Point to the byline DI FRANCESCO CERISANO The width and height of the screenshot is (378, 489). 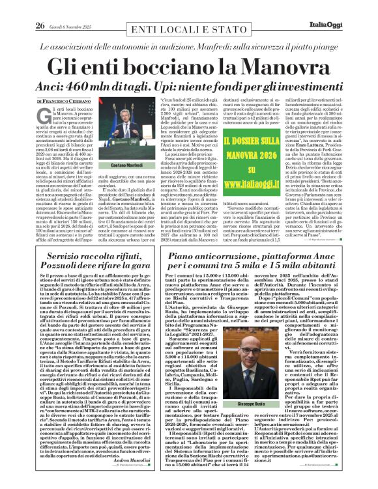click(63, 102)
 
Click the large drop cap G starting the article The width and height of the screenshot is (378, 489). click(44, 116)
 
